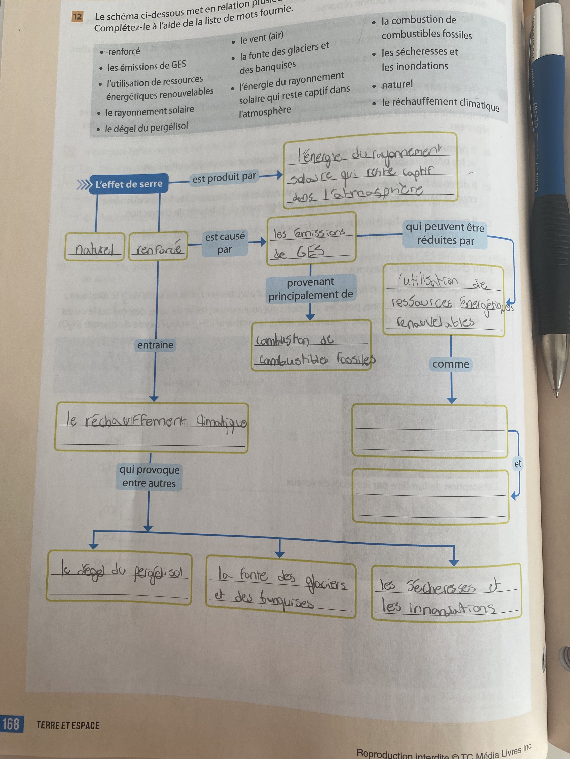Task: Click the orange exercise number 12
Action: (78, 17)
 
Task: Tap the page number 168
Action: (11, 724)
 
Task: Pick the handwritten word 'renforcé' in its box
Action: (158, 248)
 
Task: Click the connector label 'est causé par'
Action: (225, 243)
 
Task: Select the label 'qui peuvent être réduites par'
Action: (445, 234)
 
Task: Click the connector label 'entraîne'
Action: (155, 345)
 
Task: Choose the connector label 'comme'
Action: (450, 364)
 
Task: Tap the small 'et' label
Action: (517, 464)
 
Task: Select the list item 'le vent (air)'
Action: (261, 38)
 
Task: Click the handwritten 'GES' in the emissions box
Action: (310, 252)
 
